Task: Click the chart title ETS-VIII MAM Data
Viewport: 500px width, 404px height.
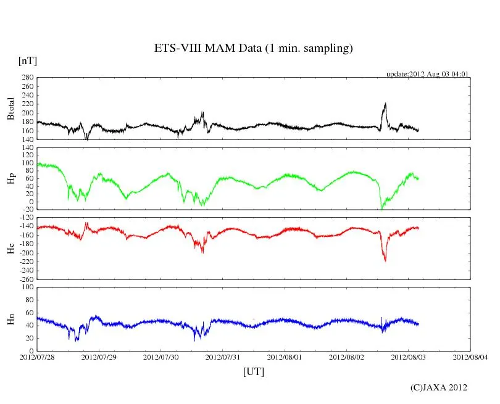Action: (253, 49)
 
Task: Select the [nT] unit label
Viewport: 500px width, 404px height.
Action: (27, 60)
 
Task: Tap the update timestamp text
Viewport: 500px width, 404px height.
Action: (428, 74)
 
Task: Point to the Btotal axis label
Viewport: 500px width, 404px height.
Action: (10, 109)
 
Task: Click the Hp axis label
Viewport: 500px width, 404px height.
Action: (10, 178)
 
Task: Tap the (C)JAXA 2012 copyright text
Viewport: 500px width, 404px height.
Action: (438, 387)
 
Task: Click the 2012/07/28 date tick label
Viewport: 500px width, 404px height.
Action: (37, 357)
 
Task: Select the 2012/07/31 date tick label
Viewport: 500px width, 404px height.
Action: (223, 357)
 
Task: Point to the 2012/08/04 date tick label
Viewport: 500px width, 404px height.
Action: (470, 357)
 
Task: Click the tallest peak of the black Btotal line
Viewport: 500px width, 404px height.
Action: (385, 104)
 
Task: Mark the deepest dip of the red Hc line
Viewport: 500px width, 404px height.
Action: (385, 261)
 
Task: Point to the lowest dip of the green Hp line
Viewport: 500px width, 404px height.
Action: (381, 209)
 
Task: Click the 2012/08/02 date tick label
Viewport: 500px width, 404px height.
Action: (346, 357)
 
